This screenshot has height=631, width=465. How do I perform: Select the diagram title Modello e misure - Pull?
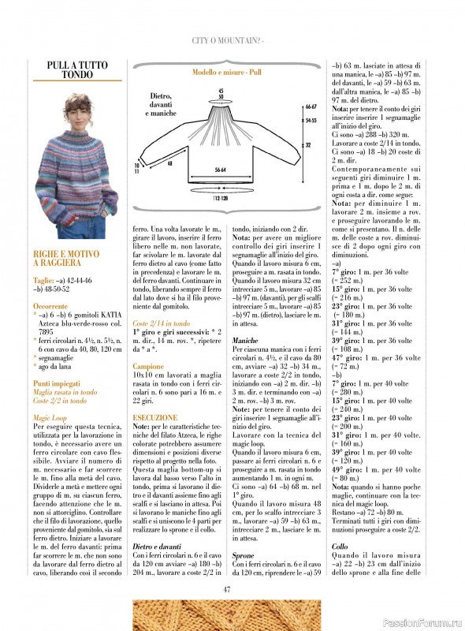227,72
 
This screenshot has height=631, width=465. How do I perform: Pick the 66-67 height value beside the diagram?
311,106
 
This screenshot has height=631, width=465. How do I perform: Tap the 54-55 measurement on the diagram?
311,121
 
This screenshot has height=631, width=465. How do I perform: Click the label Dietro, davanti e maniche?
162,105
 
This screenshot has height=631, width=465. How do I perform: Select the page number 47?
227,588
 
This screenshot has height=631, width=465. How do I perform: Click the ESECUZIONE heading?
152,416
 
